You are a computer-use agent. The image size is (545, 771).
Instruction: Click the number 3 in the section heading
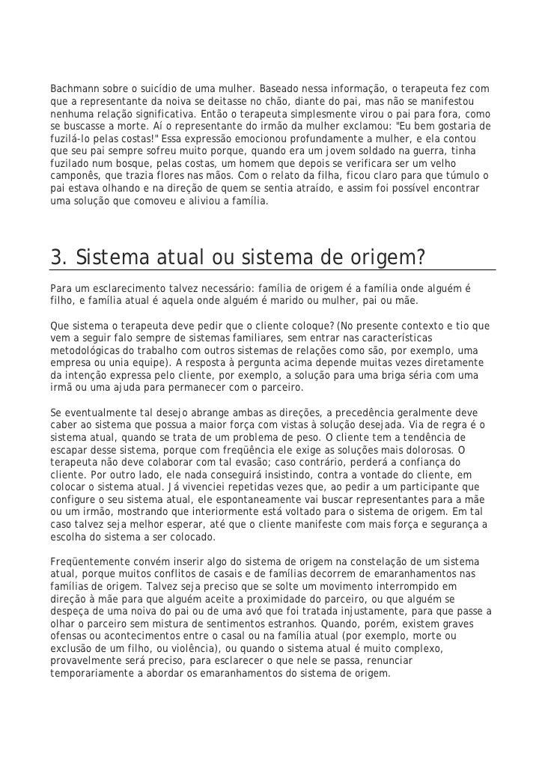56,257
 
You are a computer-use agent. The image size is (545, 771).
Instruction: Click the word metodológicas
89,350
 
